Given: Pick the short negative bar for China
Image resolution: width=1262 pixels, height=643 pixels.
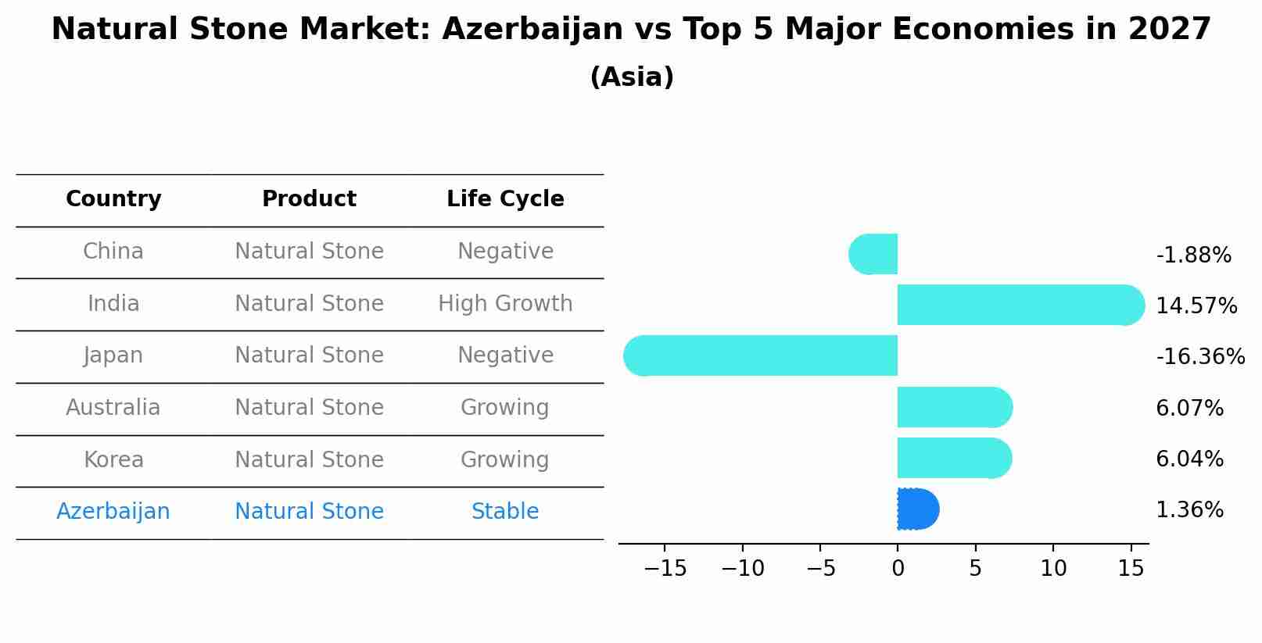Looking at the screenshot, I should point(873,254).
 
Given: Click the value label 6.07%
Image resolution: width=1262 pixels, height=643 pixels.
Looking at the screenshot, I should point(1189,408).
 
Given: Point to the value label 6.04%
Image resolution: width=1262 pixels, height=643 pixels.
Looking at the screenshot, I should point(1189,459).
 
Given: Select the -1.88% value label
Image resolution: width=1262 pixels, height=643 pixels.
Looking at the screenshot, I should point(1193,255).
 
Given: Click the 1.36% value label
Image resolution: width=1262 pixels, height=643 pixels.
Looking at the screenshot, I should point(1189,510).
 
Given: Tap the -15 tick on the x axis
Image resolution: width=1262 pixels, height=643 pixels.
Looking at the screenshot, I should point(665,569).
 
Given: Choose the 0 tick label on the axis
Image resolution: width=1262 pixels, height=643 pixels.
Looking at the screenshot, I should point(898,569).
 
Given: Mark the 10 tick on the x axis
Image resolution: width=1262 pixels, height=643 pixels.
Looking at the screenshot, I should point(1052,569).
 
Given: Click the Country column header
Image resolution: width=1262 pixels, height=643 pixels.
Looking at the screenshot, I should point(113,199).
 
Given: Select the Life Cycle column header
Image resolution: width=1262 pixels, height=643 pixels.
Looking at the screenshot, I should point(505,199).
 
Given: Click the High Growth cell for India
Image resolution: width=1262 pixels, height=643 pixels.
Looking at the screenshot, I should point(505,304).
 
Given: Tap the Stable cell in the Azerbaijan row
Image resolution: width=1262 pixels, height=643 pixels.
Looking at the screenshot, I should point(505,512).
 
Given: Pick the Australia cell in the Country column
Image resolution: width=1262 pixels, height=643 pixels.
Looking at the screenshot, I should point(113,408).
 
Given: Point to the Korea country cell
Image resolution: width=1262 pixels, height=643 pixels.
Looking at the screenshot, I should point(113,460).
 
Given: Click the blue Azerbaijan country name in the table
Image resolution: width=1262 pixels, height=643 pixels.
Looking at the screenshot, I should point(113,512).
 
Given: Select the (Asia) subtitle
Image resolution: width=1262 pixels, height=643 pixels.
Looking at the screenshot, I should point(632,77).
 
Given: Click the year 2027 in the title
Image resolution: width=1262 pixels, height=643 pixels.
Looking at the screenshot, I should point(1169,30).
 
